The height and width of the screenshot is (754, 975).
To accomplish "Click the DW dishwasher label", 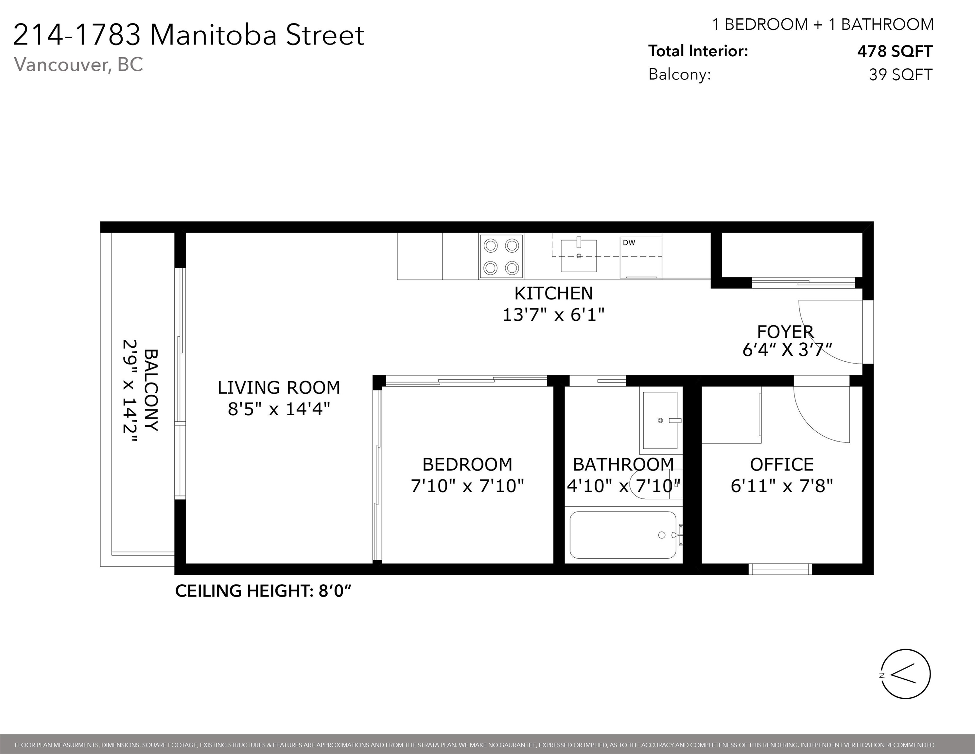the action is tap(629, 242).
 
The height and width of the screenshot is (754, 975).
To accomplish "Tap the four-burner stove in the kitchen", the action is tap(501, 257).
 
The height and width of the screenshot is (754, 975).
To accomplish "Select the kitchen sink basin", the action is tap(579, 256).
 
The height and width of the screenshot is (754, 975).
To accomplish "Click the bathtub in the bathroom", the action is tap(623, 535).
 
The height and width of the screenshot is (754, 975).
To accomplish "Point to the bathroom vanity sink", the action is tap(660, 420).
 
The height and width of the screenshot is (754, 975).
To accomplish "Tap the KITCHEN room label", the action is tap(554, 294).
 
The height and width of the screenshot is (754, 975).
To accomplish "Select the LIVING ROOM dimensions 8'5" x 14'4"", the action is tap(279, 409).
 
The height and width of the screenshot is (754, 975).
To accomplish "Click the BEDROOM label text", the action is tap(467, 465).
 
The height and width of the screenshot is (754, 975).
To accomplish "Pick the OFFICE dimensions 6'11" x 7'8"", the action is tap(782, 486).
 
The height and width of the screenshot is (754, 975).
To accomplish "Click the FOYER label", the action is tap(785, 332).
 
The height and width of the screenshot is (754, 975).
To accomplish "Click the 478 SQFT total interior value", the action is tap(895, 51).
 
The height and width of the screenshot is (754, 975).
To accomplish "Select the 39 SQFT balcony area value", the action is tap(900, 75).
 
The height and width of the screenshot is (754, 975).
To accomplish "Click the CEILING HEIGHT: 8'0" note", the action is tap(263, 591).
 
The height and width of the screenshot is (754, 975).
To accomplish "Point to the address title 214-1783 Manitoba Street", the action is tap(189, 35).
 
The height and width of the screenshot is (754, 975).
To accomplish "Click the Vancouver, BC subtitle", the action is tap(78, 64).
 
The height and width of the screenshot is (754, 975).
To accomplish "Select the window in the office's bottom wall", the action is tap(780, 569).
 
